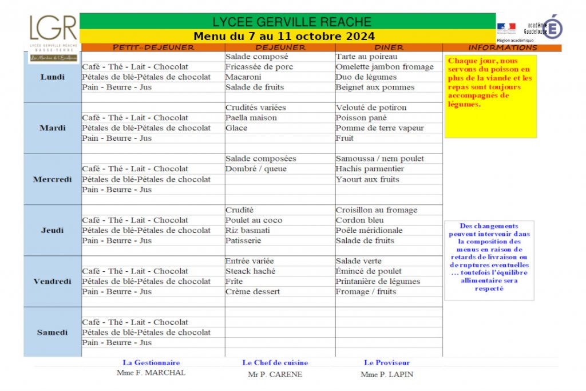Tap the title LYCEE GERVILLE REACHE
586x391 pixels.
pyautogui.click(x=292, y=22)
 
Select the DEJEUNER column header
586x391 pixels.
pyautogui.click(x=280, y=48)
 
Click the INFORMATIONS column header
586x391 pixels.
pyautogui.click(x=502, y=48)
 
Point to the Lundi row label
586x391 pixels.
pyautogui.click(x=53, y=77)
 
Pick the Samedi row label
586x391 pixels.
pyautogui.click(x=53, y=333)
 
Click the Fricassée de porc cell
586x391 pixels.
pyautogui.click(x=259, y=67)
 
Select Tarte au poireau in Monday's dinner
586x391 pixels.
pyautogui.click(x=366, y=57)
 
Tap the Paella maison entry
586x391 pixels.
pyautogui.click(x=251, y=118)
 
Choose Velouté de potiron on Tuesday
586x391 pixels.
pyautogui.click(x=371, y=108)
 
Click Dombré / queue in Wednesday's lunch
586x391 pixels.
pyautogui.click(x=256, y=169)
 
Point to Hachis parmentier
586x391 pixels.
pyautogui.click(x=370, y=169)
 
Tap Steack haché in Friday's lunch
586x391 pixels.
pyautogui.click(x=250, y=271)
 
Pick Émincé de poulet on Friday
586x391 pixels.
pyautogui.click(x=369, y=271)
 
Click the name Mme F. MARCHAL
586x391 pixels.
pyautogui.click(x=151, y=373)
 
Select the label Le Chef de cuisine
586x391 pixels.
pyautogui.click(x=275, y=362)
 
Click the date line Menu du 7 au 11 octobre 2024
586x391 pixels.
pyautogui.click(x=284, y=37)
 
